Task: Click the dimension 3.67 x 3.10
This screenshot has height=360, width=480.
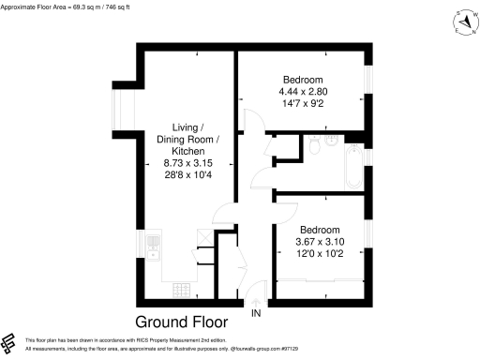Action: tap(319, 241)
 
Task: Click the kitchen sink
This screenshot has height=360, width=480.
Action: tap(154, 248)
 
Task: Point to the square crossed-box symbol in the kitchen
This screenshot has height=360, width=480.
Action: tap(202, 234)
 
